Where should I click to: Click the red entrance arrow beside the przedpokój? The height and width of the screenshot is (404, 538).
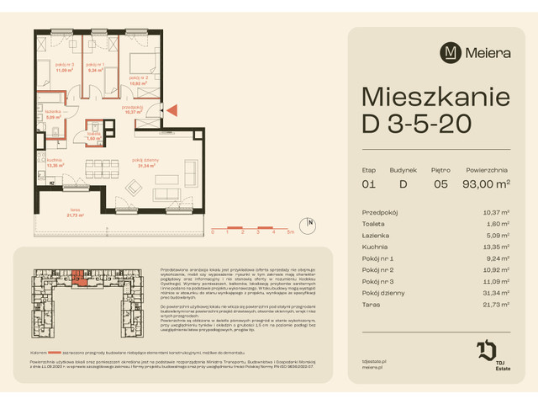click(x=173, y=109)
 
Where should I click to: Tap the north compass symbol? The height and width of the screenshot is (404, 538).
click(x=311, y=224)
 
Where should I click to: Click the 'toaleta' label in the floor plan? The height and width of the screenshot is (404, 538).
click(x=95, y=135)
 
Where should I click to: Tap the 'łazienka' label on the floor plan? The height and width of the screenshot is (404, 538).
click(x=54, y=114)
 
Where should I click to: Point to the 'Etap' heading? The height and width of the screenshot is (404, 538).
click(x=367, y=168)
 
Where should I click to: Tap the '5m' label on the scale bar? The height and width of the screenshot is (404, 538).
click(x=290, y=231)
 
